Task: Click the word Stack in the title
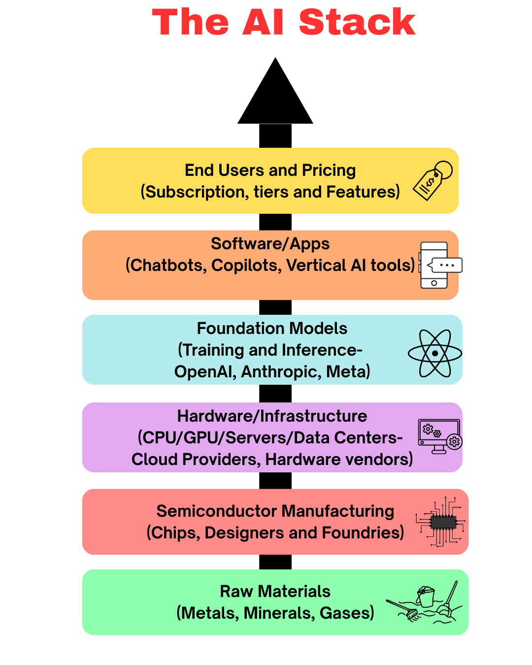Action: coord(357,23)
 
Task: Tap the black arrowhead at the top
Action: coord(275,96)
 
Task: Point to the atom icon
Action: coord(435,353)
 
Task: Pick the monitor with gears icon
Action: coord(439,436)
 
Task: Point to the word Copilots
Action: coord(246,266)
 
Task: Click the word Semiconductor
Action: coord(218,511)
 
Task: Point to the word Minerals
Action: coord(279,613)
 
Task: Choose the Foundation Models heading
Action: coord(272,329)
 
